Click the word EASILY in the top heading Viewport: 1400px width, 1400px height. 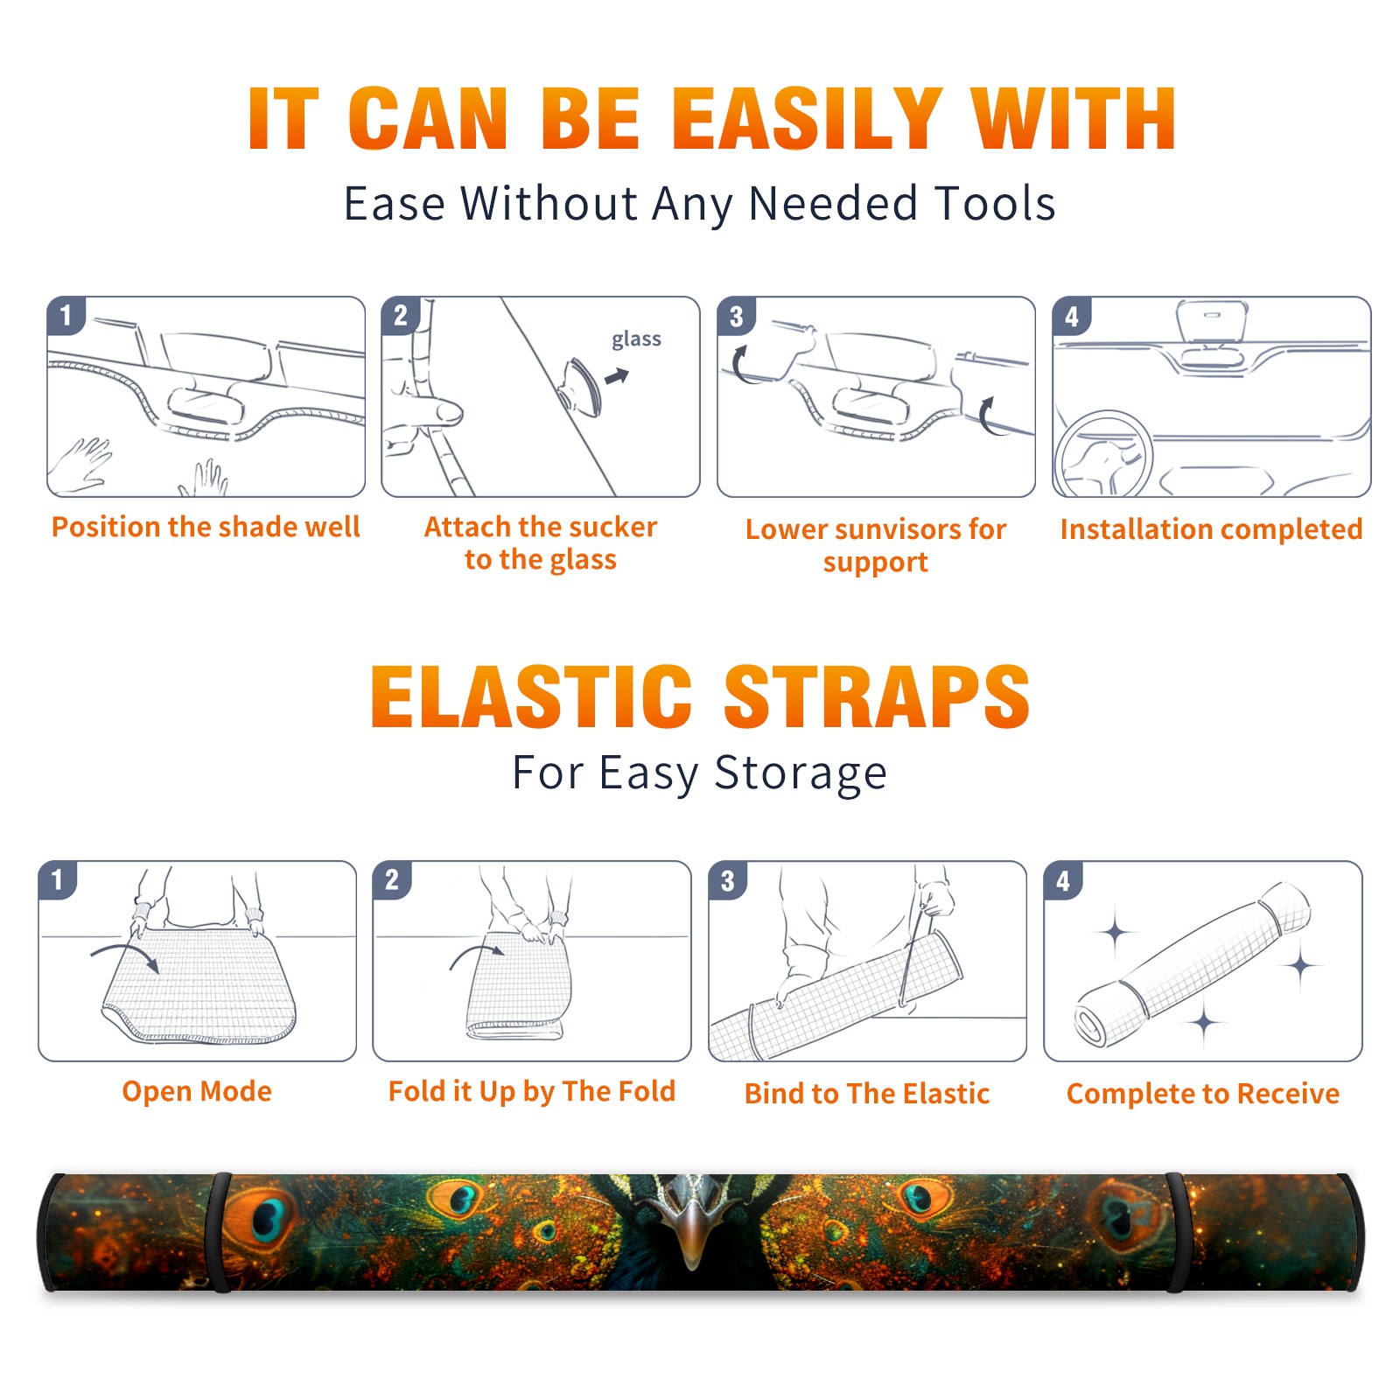[x=806, y=119]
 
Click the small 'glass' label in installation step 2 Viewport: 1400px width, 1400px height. [x=636, y=339]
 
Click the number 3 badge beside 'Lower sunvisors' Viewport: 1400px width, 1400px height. [x=736, y=316]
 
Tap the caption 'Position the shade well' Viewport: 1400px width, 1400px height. [x=206, y=527]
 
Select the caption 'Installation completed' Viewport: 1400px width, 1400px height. [x=1211, y=529]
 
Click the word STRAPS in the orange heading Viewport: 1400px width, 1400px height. [x=877, y=696]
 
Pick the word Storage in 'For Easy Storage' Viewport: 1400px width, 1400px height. [x=801, y=773]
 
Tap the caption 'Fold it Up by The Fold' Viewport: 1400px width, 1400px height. [x=532, y=1091]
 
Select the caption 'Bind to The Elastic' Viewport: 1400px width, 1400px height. [x=867, y=1094]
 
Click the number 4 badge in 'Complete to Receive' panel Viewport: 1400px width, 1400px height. [x=1062, y=880]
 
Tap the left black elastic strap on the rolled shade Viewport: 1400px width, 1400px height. [x=219, y=1232]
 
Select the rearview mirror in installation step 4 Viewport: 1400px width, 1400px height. [x=1212, y=321]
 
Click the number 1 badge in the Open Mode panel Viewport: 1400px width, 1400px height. [x=58, y=880]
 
